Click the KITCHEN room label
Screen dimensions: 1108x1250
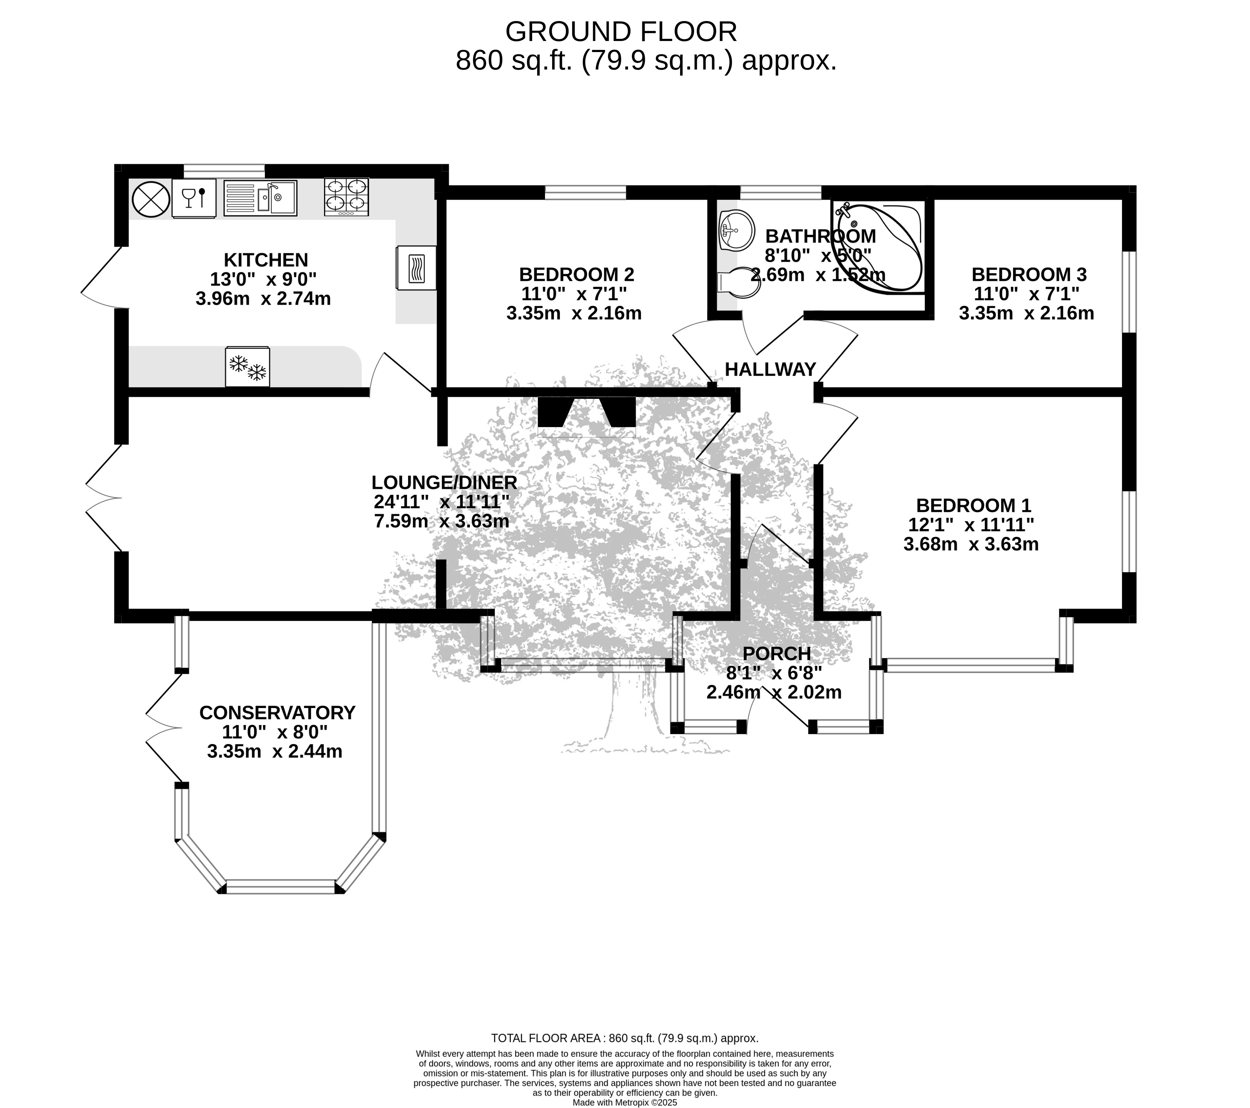266,260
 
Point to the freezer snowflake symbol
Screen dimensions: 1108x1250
248,367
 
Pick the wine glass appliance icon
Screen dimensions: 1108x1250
194,198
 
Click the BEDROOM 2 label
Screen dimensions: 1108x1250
576,274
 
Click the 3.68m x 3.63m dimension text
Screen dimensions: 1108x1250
971,544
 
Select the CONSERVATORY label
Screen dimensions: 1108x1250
277,713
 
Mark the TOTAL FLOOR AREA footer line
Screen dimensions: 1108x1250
624,1038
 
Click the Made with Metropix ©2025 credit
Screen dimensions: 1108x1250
624,1103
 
